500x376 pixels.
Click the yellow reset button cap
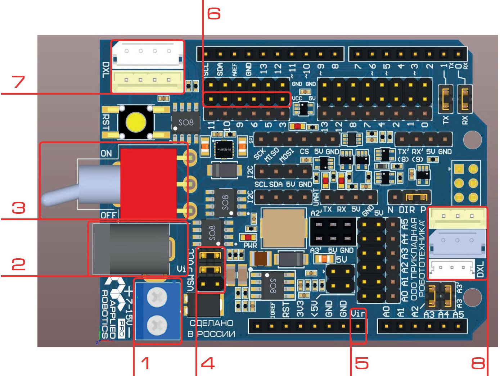coord(136,122)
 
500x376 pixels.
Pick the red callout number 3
coord(18,208)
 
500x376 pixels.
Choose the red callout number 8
coord(478,363)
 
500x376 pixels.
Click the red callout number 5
coord(362,363)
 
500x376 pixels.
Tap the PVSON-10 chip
coord(224,149)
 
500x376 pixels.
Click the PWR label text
coord(250,245)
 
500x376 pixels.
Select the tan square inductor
coord(284,227)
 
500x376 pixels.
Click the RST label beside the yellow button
coord(106,122)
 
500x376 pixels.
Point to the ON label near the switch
coord(106,154)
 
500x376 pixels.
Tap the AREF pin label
coord(234,70)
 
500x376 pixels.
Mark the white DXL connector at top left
coord(148,54)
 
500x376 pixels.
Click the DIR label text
coord(407,210)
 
